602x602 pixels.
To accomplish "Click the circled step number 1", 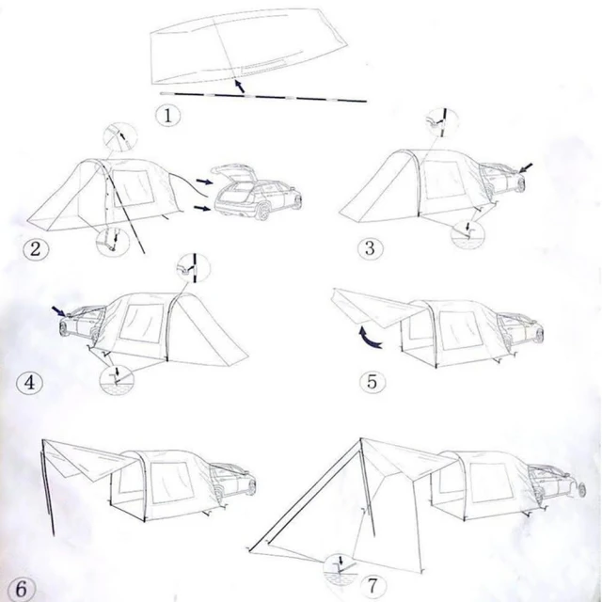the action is pos(168,115).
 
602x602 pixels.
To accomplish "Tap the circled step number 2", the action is pos(36,249).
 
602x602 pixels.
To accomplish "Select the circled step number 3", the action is pos(370,248).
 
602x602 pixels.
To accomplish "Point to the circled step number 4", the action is pos(29,383).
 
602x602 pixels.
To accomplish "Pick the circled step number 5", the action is pos(372,382).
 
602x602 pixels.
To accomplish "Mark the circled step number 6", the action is pos(21,589).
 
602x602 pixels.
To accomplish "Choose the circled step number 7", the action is pos(373,586).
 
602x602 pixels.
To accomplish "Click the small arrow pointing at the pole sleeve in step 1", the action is pos(239,86).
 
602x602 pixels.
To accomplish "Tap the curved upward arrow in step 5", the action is pos(370,338).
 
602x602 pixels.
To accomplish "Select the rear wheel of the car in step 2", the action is pos(262,212).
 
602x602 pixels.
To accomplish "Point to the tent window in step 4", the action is pos(142,324).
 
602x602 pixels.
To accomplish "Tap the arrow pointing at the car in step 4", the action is pos(59,310).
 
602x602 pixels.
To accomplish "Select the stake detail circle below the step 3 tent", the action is pos(467,233).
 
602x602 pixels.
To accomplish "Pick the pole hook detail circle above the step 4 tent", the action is pos(193,268).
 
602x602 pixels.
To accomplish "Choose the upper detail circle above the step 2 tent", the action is pos(120,138).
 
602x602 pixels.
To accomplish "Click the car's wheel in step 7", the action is pos(580,489).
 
